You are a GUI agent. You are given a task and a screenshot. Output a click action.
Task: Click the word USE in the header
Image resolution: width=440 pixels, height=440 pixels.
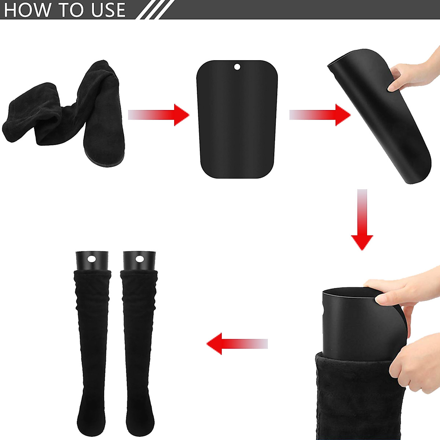pos(109,10)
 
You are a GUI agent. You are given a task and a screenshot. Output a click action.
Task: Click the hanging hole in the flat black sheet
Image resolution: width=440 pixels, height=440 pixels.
pos(237,67)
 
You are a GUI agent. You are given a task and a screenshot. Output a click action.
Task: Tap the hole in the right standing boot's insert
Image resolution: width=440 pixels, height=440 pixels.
pos(139,259)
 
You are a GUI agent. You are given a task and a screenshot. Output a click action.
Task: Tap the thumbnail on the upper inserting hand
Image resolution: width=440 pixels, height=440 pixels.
pos(381,300)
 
